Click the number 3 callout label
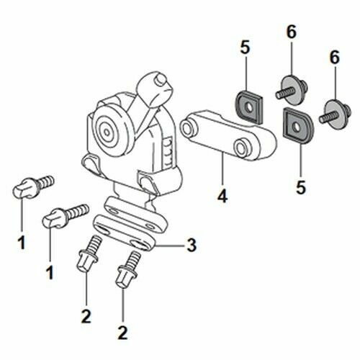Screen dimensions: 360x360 [x=191, y=246]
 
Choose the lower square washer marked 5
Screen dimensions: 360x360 [x=295, y=124]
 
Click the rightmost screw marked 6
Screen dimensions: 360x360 [x=335, y=111]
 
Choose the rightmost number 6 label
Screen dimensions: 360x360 [x=333, y=56]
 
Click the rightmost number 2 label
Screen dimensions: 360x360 [x=123, y=333]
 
